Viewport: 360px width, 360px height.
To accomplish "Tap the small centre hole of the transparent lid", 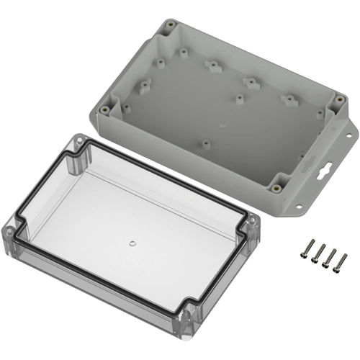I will pos(132,243).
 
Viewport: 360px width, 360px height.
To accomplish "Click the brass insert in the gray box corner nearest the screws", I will pos(276,189).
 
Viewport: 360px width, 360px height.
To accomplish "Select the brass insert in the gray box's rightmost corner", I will pos(336,98).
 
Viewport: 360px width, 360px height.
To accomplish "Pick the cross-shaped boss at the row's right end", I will pos(289,99).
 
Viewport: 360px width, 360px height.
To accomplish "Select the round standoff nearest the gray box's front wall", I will pos(205,144).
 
